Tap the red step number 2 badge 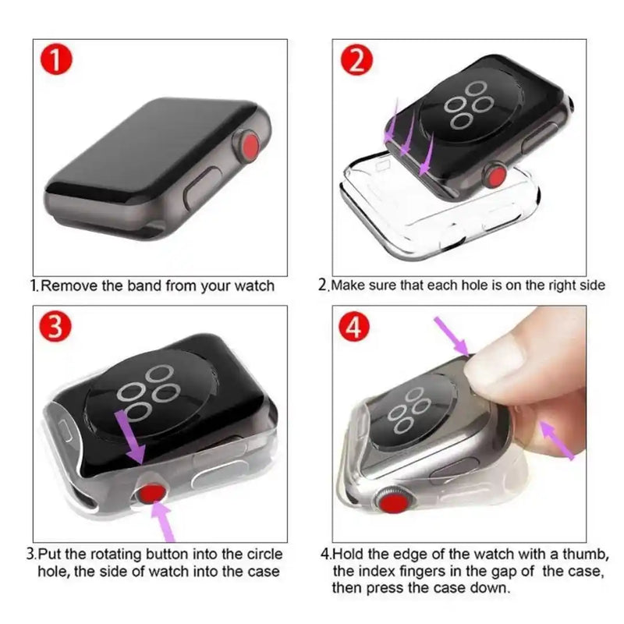point(356,61)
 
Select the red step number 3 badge point(56,326)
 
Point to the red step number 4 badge point(356,329)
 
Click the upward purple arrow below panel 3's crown point(165,521)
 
